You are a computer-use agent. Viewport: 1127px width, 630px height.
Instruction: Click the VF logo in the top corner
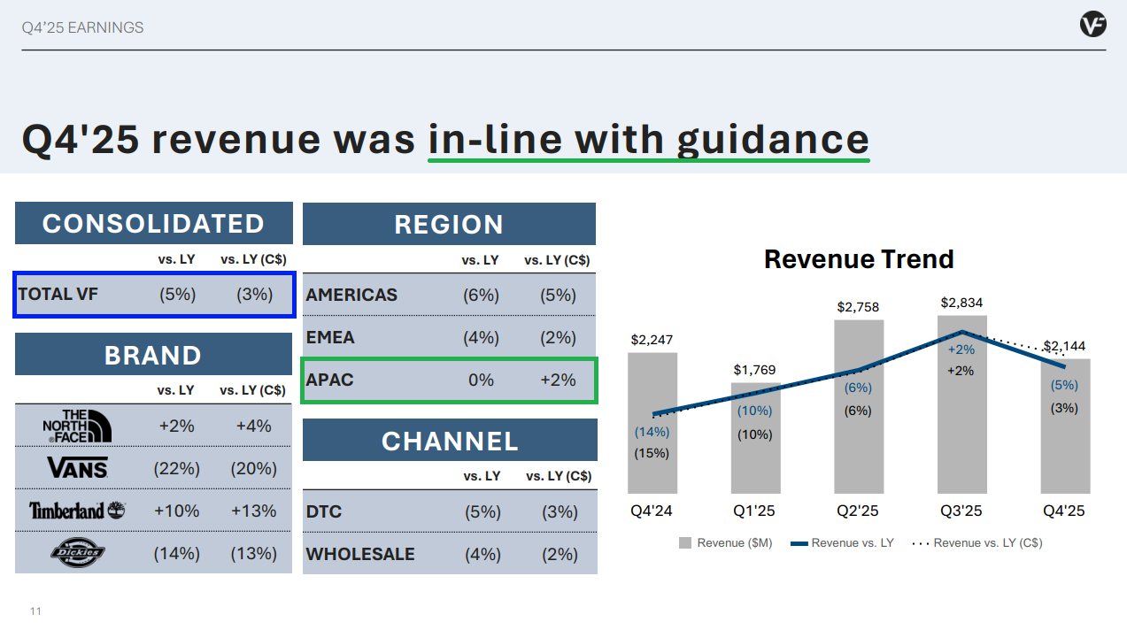[1092, 24]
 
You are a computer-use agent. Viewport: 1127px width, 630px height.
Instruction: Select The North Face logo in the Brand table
[78, 426]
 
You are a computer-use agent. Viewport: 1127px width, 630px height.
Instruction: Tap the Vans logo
[78, 467]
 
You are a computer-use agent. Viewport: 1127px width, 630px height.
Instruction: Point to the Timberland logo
[77, 511]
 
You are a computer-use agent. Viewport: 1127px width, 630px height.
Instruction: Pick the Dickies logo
[78, 552]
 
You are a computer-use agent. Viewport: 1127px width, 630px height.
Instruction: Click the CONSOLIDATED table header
[153, 223]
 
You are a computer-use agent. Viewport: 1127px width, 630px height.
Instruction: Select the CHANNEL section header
[450, 441]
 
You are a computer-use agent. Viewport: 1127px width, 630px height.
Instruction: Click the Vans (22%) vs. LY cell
[176, 469]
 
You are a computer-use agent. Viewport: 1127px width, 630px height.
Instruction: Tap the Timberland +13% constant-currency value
[253, 511]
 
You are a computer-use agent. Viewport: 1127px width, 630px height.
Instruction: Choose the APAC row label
[329, 380]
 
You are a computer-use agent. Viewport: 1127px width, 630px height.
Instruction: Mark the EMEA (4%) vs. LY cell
[481, 337]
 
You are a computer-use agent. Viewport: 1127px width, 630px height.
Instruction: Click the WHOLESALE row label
[360, 554]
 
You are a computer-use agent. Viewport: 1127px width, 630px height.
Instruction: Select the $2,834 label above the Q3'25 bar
[961, 303]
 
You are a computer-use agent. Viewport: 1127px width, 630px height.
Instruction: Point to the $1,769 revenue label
[754, 370]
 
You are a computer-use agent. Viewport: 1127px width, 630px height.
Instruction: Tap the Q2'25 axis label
[857, 511]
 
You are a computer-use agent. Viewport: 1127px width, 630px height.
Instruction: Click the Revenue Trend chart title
[859, 259]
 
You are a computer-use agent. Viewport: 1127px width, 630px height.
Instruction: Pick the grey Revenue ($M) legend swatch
[684, 543]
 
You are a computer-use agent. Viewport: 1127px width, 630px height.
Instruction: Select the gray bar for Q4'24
[652, 423]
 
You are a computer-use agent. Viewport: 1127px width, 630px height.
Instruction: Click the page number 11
[35, 611]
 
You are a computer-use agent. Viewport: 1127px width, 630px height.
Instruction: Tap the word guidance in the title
[773, 141]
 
